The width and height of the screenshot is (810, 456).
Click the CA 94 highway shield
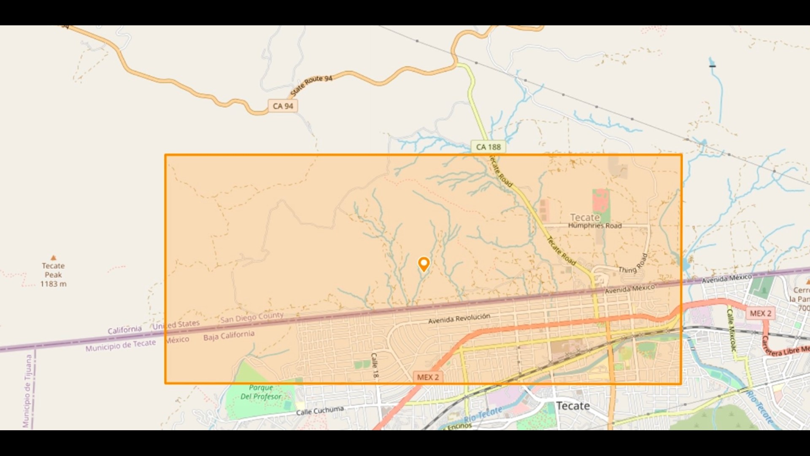click(283, 106)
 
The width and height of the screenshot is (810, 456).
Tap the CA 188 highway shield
click(488, 147)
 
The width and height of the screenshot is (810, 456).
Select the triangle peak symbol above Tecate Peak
click(53, 258)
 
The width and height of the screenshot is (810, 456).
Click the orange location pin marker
click(424, 264)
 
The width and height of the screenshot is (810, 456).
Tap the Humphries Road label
click(594, 226)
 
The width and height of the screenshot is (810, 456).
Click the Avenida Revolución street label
click(459, 318)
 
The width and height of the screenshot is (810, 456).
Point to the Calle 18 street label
click(375, 365)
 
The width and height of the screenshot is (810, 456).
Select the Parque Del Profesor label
click(261, 392)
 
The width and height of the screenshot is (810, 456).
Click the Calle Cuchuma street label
click(320, 410)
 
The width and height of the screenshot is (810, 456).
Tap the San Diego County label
click(252, 318)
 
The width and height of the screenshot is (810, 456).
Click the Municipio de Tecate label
click(121, 345)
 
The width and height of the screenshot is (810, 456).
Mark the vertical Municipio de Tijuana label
click(28, 391)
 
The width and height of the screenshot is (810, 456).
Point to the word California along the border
click(124, 330)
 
